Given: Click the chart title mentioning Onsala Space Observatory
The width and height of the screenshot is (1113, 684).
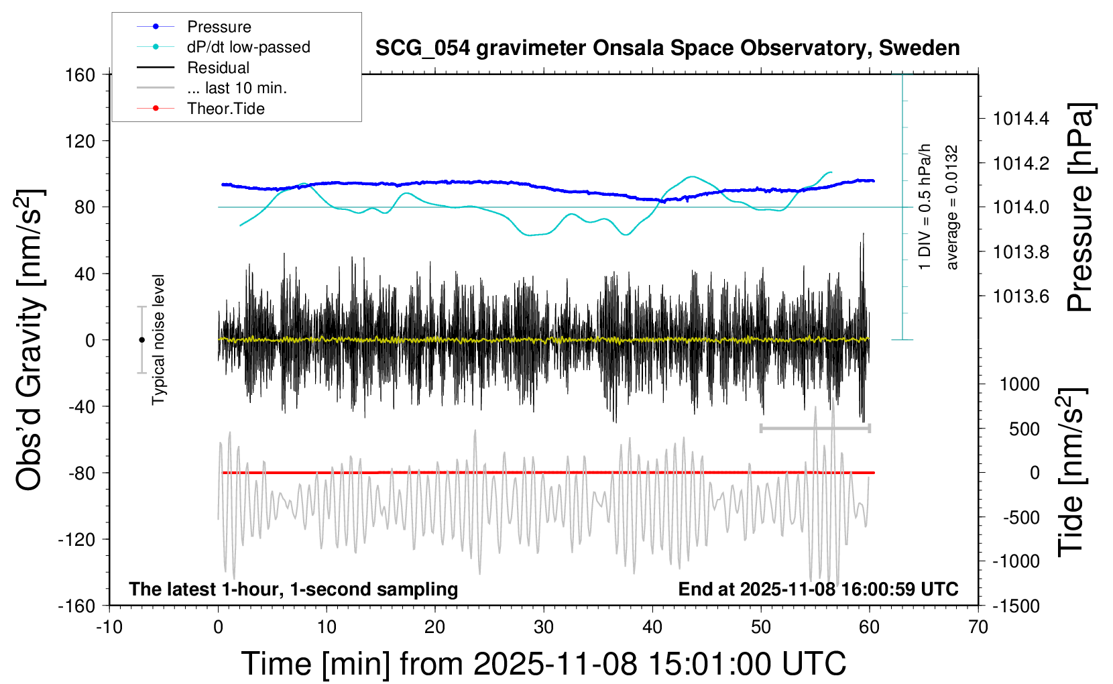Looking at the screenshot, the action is [x=667, y=48].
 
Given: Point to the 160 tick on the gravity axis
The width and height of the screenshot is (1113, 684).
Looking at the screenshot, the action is [x=80, y=75].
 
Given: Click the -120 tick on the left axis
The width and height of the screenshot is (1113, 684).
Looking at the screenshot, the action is [x=76, y=539].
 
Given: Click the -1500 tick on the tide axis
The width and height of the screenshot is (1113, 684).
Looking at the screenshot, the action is [x=1016, y=606].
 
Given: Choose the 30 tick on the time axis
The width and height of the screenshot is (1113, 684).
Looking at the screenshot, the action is [x=544, y=627].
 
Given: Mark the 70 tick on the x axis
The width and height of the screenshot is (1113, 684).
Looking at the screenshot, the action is [x=978, y=627].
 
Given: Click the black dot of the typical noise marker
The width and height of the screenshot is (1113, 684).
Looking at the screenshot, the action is [x=141, y=340].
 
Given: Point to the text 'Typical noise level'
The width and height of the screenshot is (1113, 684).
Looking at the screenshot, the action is [x=158, y=340].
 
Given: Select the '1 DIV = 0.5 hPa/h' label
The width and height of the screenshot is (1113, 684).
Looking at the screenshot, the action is [x=924, y=207].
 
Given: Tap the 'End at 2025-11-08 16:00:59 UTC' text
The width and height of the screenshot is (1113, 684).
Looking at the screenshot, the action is [x=819, y=589].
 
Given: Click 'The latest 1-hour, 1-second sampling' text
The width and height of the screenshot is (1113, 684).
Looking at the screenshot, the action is [x=293, y=589].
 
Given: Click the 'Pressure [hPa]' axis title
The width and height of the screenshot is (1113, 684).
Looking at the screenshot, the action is [x=1080, y=207].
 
